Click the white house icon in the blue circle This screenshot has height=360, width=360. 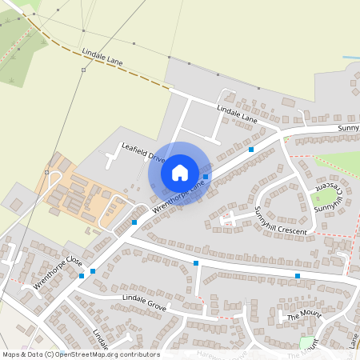point(180,172)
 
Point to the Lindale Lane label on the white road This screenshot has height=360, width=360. point(238,114)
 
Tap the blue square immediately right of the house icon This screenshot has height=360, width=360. point(206,177)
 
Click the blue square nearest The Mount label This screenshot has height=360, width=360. point(298,276)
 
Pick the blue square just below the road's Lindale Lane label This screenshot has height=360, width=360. point(251,150)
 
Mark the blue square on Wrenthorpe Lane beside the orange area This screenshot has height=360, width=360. point(134,222)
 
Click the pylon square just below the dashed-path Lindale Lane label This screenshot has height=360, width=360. point(82,70)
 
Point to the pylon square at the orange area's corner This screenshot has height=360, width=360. point(47,172)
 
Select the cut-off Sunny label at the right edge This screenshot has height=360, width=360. point(348,128)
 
